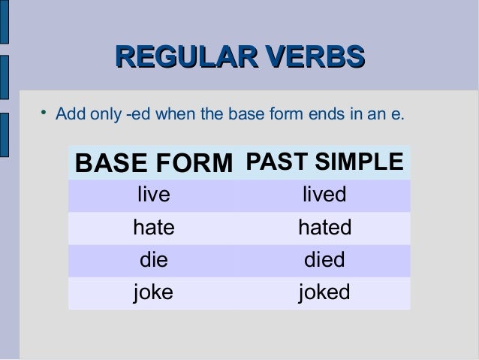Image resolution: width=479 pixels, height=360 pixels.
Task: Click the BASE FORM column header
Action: [155, 163]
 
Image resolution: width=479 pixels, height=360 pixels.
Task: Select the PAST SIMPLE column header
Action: [324, 162]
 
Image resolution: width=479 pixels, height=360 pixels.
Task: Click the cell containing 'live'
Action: [153, 195]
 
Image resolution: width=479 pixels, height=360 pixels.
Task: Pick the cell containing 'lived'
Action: [324, 195]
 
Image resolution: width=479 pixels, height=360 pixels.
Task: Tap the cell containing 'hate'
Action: [153, 228]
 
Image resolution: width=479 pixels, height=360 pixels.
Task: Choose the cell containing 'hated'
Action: [324, 228]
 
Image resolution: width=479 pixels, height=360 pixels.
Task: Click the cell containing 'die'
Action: [153, 260]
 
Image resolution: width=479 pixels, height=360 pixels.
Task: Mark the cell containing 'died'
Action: [324, 260]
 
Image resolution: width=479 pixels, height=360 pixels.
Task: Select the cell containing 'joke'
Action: [153, 292]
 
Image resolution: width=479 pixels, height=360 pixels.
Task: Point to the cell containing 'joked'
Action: [324, 292]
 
